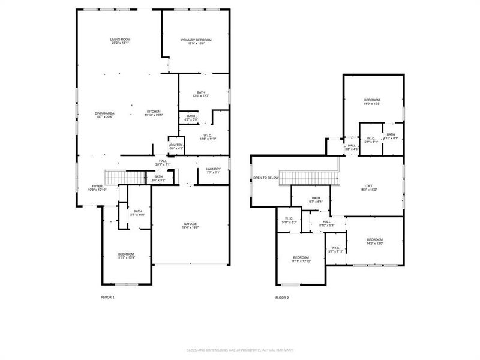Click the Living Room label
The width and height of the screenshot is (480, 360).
(120, 41)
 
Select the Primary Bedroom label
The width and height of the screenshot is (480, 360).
(196, 41)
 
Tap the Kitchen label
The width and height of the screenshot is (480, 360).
(154, 113)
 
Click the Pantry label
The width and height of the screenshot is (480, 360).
(176, 146)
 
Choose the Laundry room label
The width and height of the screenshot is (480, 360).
(214, 170)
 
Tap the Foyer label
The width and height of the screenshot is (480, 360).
(97, 188)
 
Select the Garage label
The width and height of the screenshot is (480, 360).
(190, 226)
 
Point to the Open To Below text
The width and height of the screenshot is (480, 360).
(266, 178)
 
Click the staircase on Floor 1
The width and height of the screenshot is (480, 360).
(126, 176)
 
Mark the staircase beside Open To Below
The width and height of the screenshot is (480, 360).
(309, 178)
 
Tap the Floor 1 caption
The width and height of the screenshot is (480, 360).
(107, 297)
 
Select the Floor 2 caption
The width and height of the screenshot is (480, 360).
(282, 297)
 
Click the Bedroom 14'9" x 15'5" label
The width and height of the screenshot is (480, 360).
(372, 101)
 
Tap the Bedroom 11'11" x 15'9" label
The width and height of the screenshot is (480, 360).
(126, 255)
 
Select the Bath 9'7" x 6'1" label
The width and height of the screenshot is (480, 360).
(316, 200)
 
